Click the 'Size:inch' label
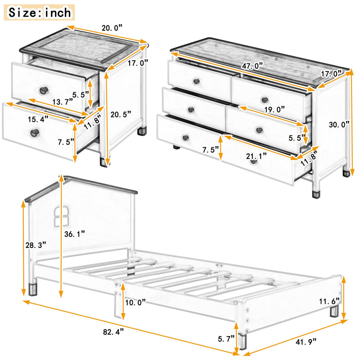(x=40, y=12)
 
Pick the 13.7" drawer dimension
(x=62, y=102)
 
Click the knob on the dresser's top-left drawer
(x=196, y=81)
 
